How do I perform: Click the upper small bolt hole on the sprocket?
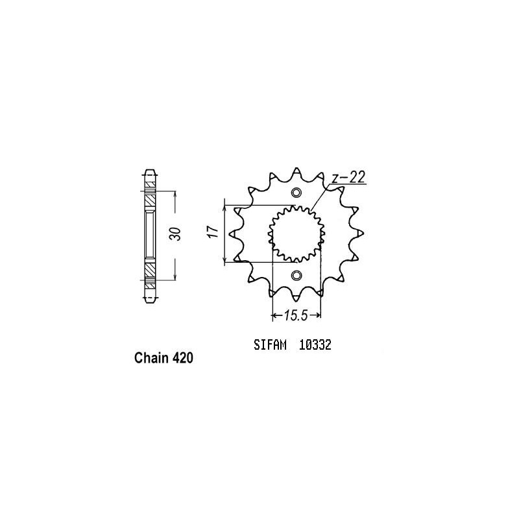pyautogui.click(x=296, y=193)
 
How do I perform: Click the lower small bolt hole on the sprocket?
pyautogui.click(x=296, y=275)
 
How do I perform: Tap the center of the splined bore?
pyautogui.click(x=296, y=234)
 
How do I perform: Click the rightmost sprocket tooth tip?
pyautogui.click(x=363, y=234)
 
